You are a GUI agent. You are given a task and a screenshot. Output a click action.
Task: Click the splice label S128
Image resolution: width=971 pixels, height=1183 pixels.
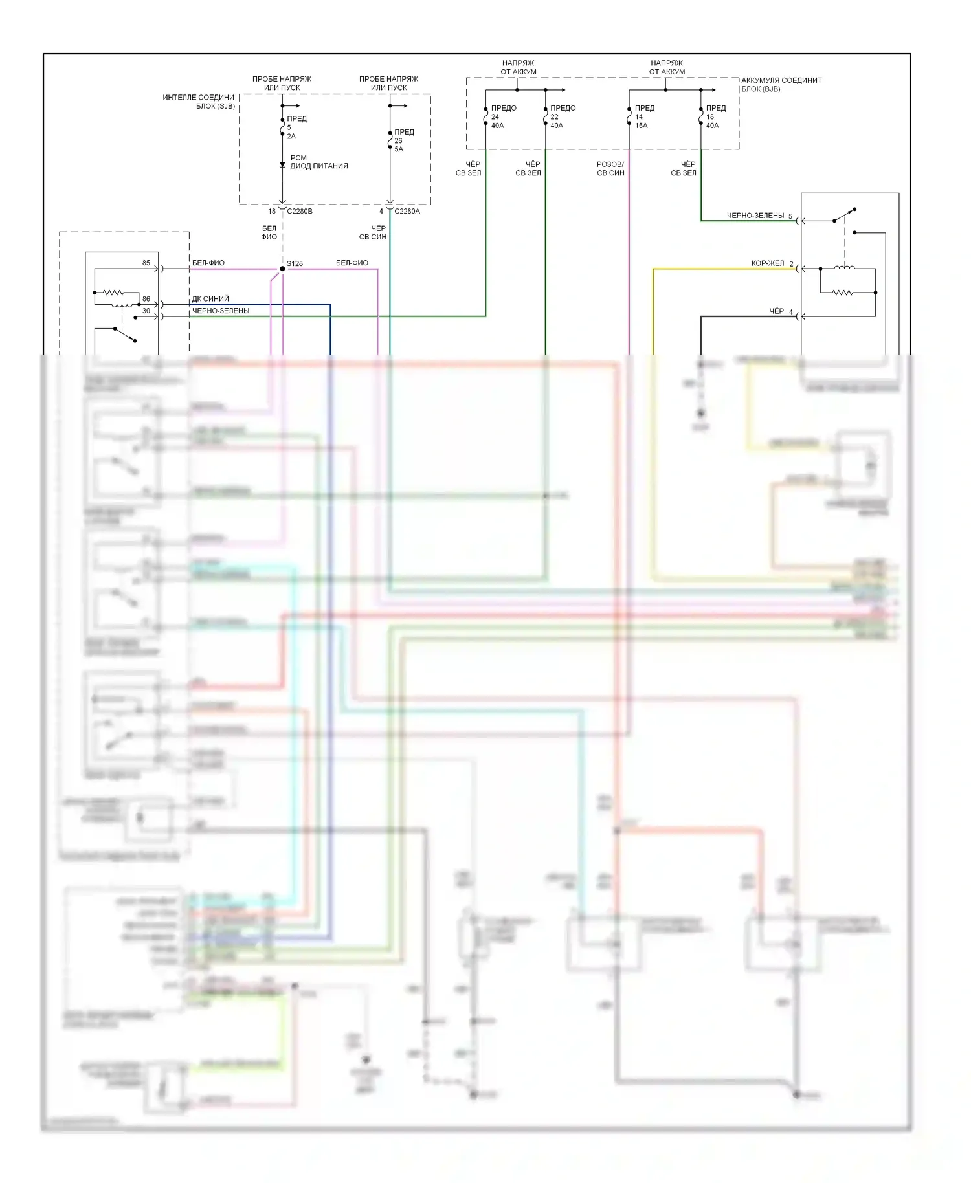295,263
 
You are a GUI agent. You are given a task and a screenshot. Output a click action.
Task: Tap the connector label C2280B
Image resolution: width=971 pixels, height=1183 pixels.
299,211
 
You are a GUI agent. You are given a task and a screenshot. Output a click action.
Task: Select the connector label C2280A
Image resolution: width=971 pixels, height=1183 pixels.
407,211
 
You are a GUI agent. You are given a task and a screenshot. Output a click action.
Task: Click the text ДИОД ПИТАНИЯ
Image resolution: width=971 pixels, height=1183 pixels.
319,166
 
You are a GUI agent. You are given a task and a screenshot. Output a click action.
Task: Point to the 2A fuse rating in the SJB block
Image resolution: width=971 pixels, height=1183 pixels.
291,137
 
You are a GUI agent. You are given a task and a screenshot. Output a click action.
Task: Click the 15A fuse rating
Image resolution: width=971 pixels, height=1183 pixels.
641,126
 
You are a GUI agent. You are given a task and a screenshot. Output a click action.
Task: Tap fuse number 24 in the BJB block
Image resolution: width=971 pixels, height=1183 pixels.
495,117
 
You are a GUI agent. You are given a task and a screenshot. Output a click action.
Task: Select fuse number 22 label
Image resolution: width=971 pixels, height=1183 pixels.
554,117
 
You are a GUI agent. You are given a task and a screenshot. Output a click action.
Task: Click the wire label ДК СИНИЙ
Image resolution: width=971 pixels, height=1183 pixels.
210,299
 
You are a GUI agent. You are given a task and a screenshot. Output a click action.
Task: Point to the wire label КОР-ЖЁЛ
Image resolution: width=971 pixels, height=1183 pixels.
767,263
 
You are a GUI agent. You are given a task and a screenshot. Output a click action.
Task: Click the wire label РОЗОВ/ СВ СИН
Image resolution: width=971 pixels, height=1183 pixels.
610,169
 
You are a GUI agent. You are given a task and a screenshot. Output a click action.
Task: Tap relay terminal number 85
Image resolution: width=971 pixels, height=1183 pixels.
146,263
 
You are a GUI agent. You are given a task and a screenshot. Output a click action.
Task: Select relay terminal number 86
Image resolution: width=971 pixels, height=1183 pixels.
146,299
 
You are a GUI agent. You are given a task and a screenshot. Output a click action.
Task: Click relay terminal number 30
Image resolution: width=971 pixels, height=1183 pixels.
146,311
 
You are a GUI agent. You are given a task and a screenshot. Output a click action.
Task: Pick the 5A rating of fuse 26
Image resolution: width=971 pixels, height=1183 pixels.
399,149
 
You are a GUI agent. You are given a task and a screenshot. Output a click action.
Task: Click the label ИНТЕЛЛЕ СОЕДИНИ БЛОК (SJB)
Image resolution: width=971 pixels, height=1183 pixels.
199,102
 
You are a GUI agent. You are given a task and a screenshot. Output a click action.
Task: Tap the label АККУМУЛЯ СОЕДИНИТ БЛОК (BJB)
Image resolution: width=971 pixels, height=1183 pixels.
781,85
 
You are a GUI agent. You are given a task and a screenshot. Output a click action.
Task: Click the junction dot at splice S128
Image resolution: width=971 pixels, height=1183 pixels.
282,269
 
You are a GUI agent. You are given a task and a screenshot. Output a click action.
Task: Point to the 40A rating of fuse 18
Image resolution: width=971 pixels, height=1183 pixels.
712,126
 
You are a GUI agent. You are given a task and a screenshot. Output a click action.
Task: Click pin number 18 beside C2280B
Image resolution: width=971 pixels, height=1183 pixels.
272,211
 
